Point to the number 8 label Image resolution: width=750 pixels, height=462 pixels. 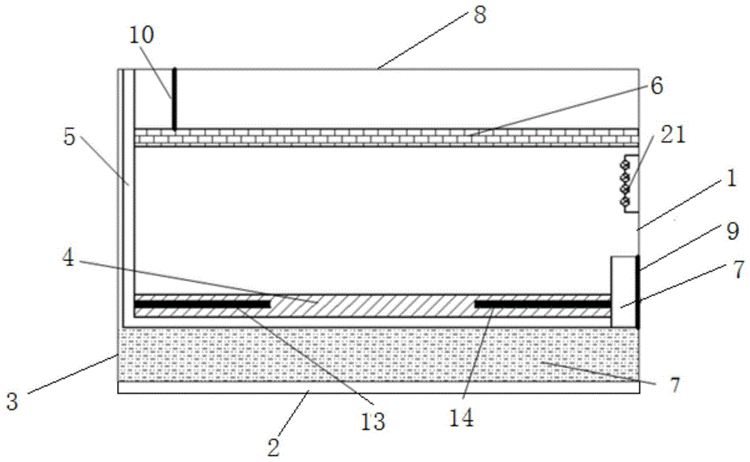point(479,16)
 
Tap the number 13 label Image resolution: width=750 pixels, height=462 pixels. point(373,421)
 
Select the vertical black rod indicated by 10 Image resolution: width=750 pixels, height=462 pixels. point(174,99)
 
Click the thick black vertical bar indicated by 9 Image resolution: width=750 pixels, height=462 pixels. point(637,292)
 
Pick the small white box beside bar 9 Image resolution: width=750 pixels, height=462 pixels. point(623,292)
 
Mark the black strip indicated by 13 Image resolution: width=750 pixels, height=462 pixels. point(202,303)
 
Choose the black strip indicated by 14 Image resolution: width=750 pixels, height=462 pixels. point(543,303)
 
